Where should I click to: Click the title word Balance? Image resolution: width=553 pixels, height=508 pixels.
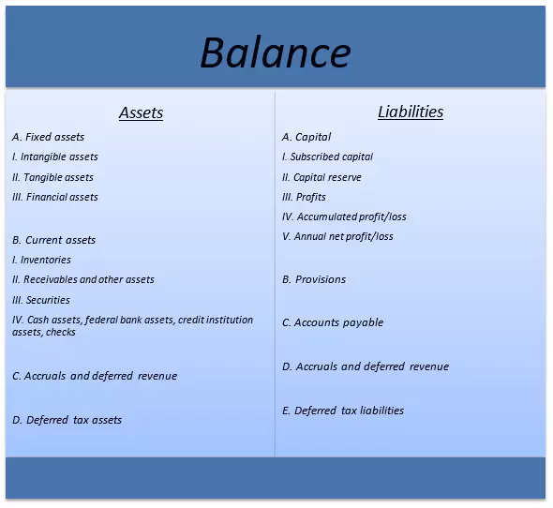(275, 53)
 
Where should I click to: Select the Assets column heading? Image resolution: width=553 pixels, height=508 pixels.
(141, 113)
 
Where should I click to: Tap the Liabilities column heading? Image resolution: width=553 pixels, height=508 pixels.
(411, 112)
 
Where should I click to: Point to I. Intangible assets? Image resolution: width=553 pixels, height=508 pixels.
(55, 157)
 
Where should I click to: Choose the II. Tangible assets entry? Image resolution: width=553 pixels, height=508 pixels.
(53, 177)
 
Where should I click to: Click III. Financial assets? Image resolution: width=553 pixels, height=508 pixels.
(55, 197)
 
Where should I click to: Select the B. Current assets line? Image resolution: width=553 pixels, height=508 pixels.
(54, 240)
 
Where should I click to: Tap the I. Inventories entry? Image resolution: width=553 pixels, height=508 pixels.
(42, 260)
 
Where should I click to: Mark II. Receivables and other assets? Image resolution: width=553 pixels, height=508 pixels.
(83, 279)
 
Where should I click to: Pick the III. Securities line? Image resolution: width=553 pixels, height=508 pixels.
(41, 300)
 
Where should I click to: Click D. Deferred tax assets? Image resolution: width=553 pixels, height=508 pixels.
(67, 420)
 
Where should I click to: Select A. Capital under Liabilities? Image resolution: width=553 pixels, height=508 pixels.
(306, 137)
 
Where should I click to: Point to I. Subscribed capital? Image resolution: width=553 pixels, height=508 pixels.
(328, 157)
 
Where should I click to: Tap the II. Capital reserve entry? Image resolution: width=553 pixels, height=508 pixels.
(321, 177)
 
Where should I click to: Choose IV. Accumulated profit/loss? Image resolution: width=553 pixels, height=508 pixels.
(344, 217)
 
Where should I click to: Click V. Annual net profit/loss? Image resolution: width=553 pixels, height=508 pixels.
(338, 236)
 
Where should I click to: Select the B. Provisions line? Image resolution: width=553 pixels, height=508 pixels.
(314, 279)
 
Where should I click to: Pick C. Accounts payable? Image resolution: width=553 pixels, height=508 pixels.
(333, 322)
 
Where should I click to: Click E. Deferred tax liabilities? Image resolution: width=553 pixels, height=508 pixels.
(343, 411)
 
